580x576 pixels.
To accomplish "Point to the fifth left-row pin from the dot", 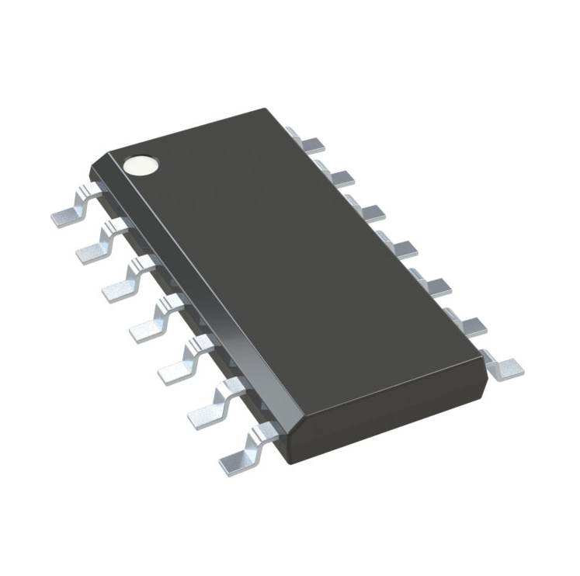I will (x=182, y=362).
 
